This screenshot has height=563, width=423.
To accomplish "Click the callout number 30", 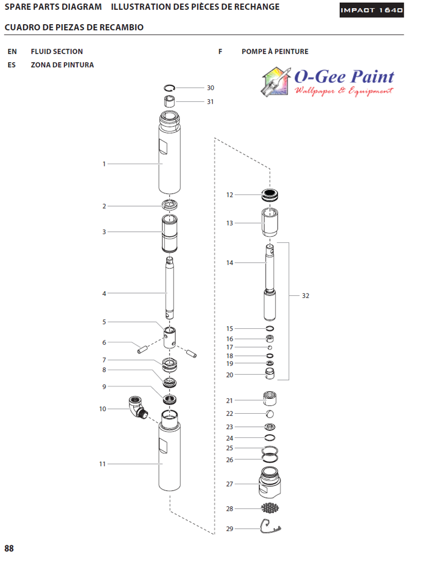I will [210, 88].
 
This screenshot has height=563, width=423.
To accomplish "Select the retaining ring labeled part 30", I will [170, 87].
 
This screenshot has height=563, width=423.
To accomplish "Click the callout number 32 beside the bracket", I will [306, 296].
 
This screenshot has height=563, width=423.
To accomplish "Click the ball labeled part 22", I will [269, 414].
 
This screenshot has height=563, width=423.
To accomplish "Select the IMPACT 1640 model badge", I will [371, 10].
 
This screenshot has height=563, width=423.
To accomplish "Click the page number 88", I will [9, 548].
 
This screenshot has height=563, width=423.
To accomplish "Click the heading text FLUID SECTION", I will [57, 51].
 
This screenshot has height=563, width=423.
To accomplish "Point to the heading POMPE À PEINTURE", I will [275, 51].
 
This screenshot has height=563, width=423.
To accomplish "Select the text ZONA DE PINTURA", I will [62, 65].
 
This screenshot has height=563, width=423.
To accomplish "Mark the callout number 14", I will [230, 263].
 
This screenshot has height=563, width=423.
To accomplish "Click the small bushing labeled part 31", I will [170, 101].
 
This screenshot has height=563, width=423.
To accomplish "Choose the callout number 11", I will [102, 464].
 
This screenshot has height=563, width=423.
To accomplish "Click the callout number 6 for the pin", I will [104, 343].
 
